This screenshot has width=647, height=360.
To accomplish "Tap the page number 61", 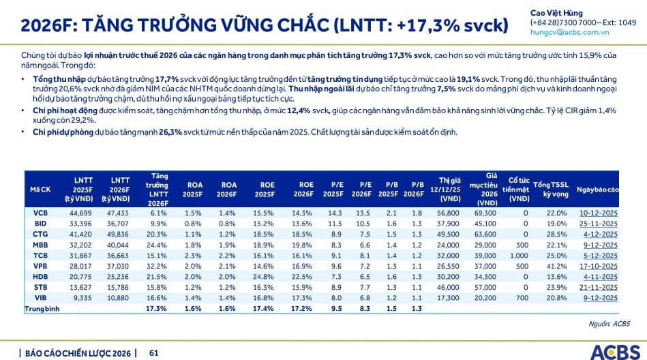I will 154,352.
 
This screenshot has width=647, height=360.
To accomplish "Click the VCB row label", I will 40,213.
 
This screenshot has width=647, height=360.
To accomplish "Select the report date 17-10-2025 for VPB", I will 598,267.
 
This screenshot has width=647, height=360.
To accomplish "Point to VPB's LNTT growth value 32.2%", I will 157,267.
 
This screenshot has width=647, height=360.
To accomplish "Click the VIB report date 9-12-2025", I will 599,298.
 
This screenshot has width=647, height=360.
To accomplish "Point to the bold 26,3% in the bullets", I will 171,132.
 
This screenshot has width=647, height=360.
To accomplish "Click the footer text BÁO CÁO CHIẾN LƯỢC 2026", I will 77,352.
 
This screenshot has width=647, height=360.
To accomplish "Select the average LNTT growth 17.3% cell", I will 157,309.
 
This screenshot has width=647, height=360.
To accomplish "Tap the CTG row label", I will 40,235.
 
